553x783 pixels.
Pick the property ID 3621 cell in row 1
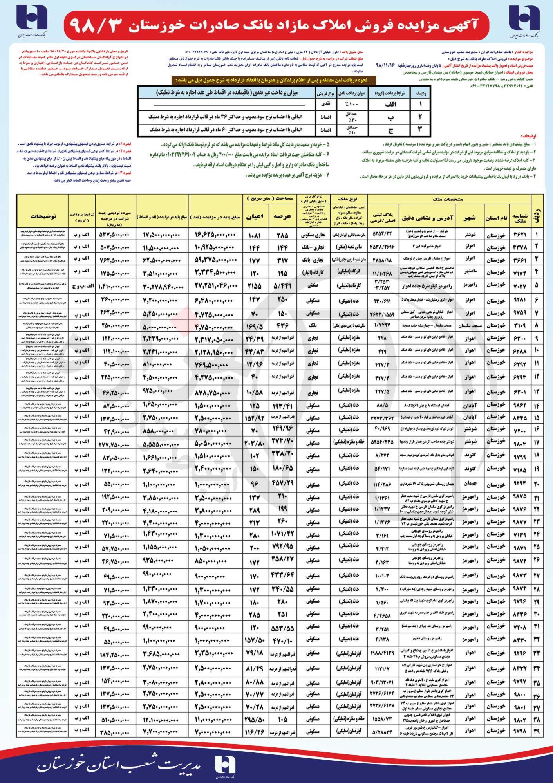(x=519, y=235)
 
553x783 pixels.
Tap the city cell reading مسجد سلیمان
(x=469, y=326)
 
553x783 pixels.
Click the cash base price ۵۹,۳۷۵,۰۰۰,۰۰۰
(x=216, y=260)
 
